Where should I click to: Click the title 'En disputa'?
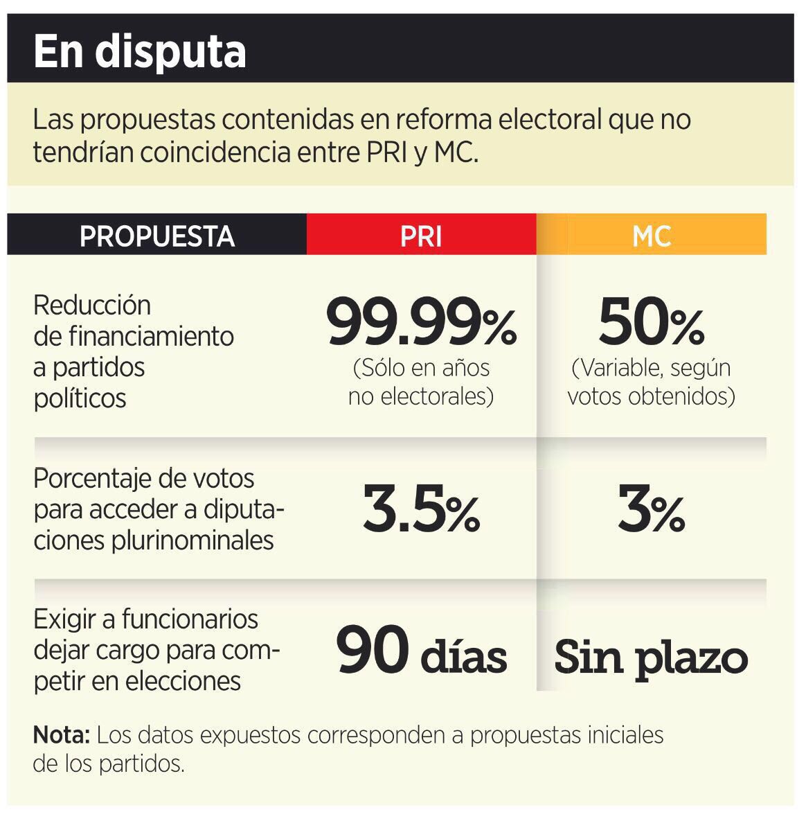(139, 51)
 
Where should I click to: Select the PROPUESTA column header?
(157, 236)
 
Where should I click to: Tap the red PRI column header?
(421, 236)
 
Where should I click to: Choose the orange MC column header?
(652, 236)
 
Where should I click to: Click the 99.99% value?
(422, 323)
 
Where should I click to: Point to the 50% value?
(652, 323)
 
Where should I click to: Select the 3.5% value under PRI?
(422, 512)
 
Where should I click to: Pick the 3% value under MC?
(652, 512)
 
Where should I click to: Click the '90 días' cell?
(422, 653)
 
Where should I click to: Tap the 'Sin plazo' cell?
(651, 655)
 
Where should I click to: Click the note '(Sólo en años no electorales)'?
(421, 382)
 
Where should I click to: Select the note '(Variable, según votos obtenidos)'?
(651, 382)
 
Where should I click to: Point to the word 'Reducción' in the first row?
(92, 305)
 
